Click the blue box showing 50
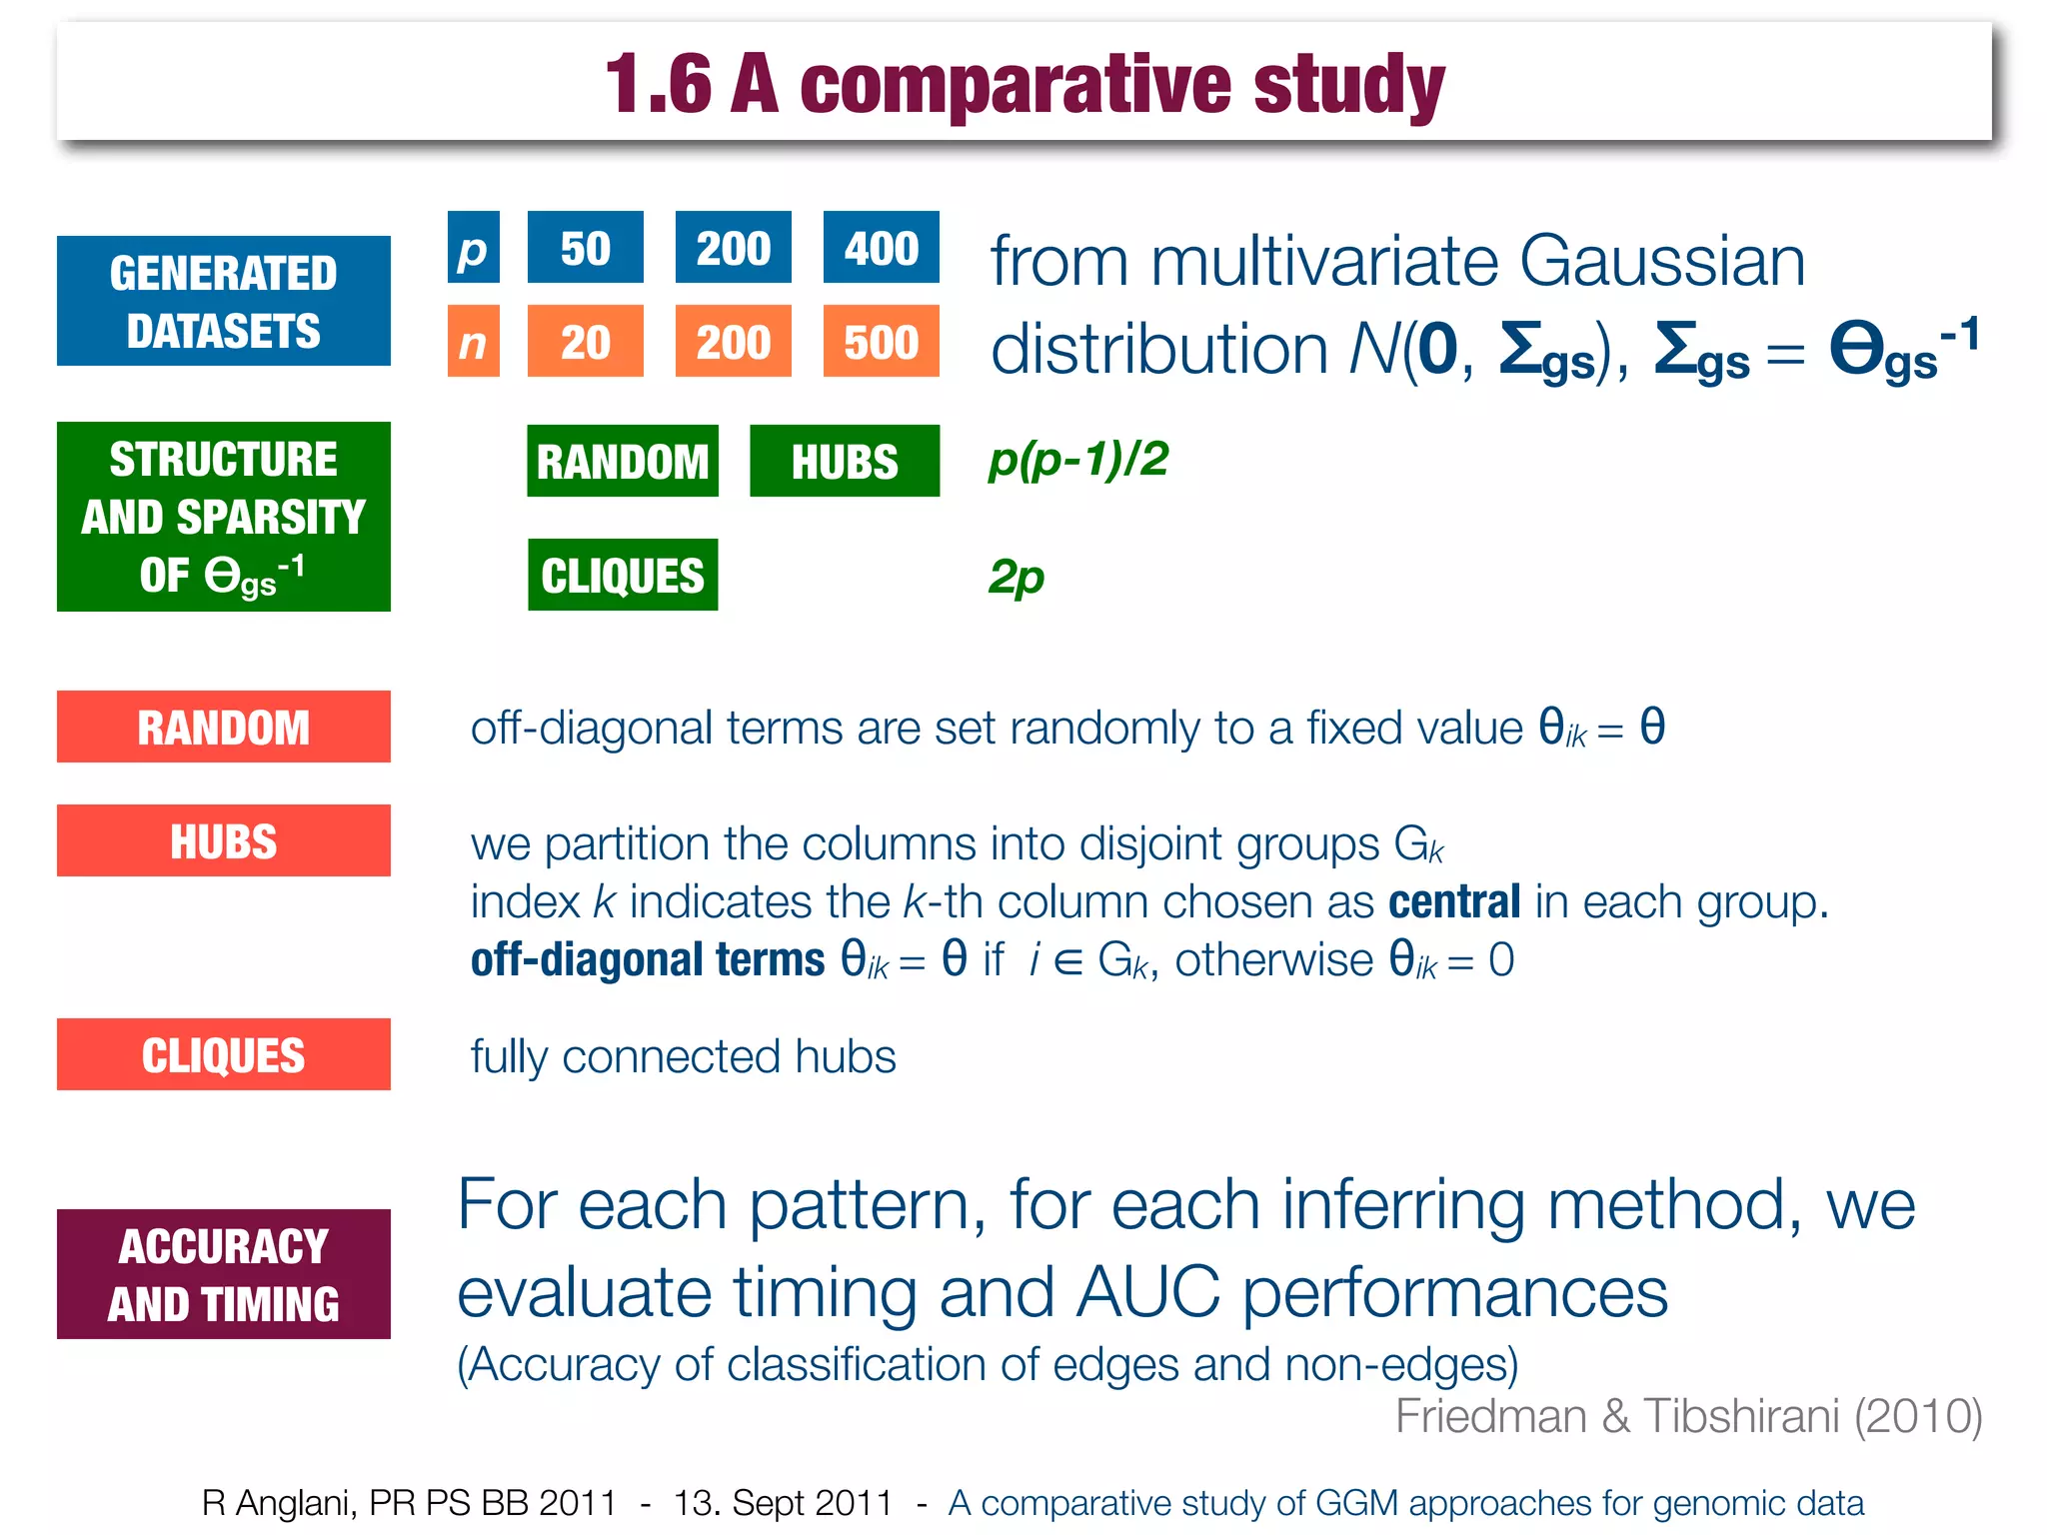585,248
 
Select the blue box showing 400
881,248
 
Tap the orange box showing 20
585,342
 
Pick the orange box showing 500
881,342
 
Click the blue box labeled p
473,248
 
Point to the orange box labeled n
473,342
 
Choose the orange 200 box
733,342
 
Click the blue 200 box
733,248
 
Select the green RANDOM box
622,461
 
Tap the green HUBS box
845,461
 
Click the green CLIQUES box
622,575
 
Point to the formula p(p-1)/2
1078,460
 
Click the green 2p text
1017,577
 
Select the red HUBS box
223,840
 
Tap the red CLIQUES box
223,1054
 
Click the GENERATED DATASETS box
223,301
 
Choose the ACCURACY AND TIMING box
223,1274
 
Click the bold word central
1454,901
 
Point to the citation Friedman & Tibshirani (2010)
1688,1415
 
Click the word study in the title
1348,84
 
